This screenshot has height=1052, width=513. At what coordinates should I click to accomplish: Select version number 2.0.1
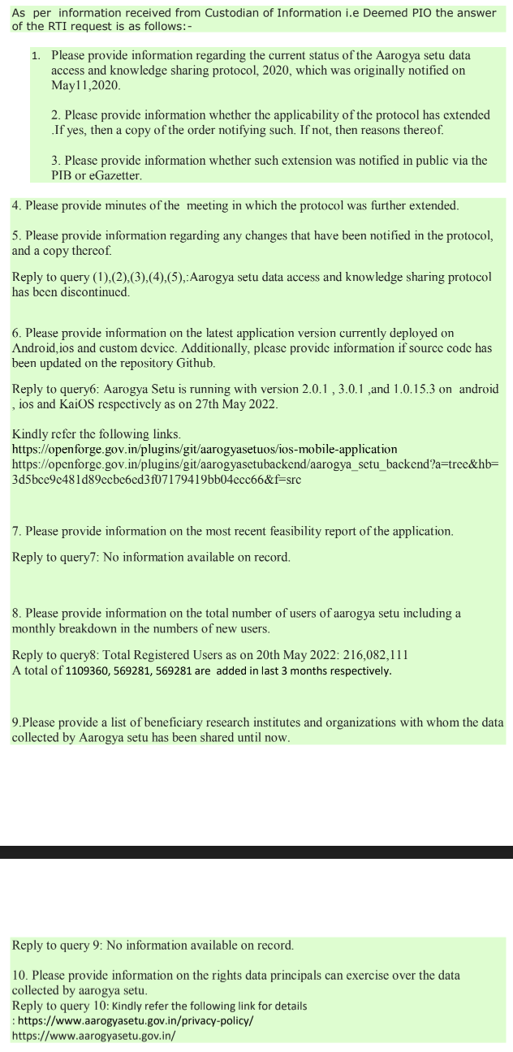318,389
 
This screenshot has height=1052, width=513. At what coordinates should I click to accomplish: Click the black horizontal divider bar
256,852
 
